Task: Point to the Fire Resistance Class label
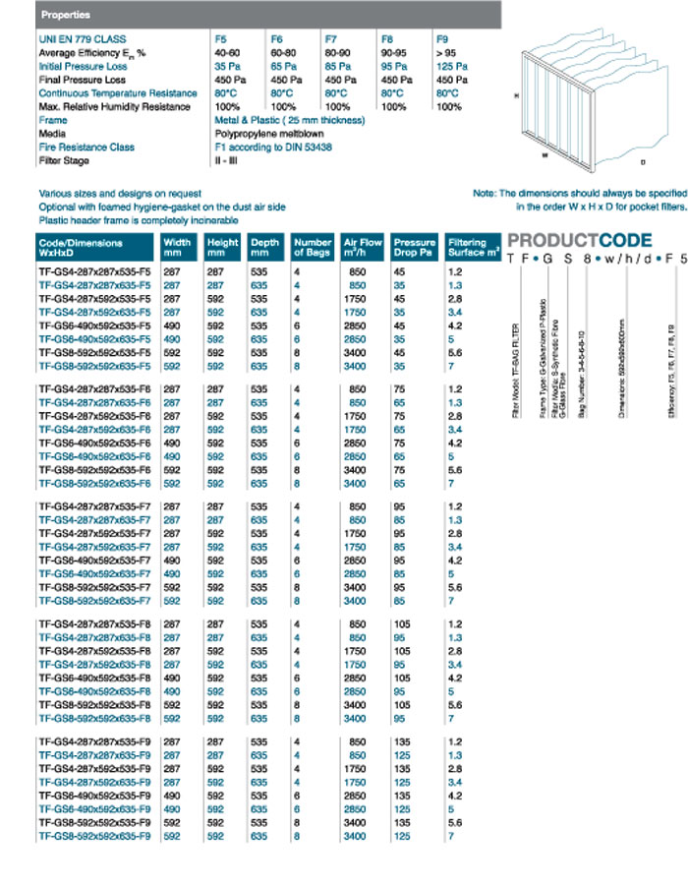pyautogui.click(x=86, y=148)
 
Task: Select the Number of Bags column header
pyautogui.click(x=313, y=247)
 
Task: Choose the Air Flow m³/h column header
pyautogui.click(x=363, y=247)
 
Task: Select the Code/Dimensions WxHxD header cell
pyautogui.click(x=96, y=247)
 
